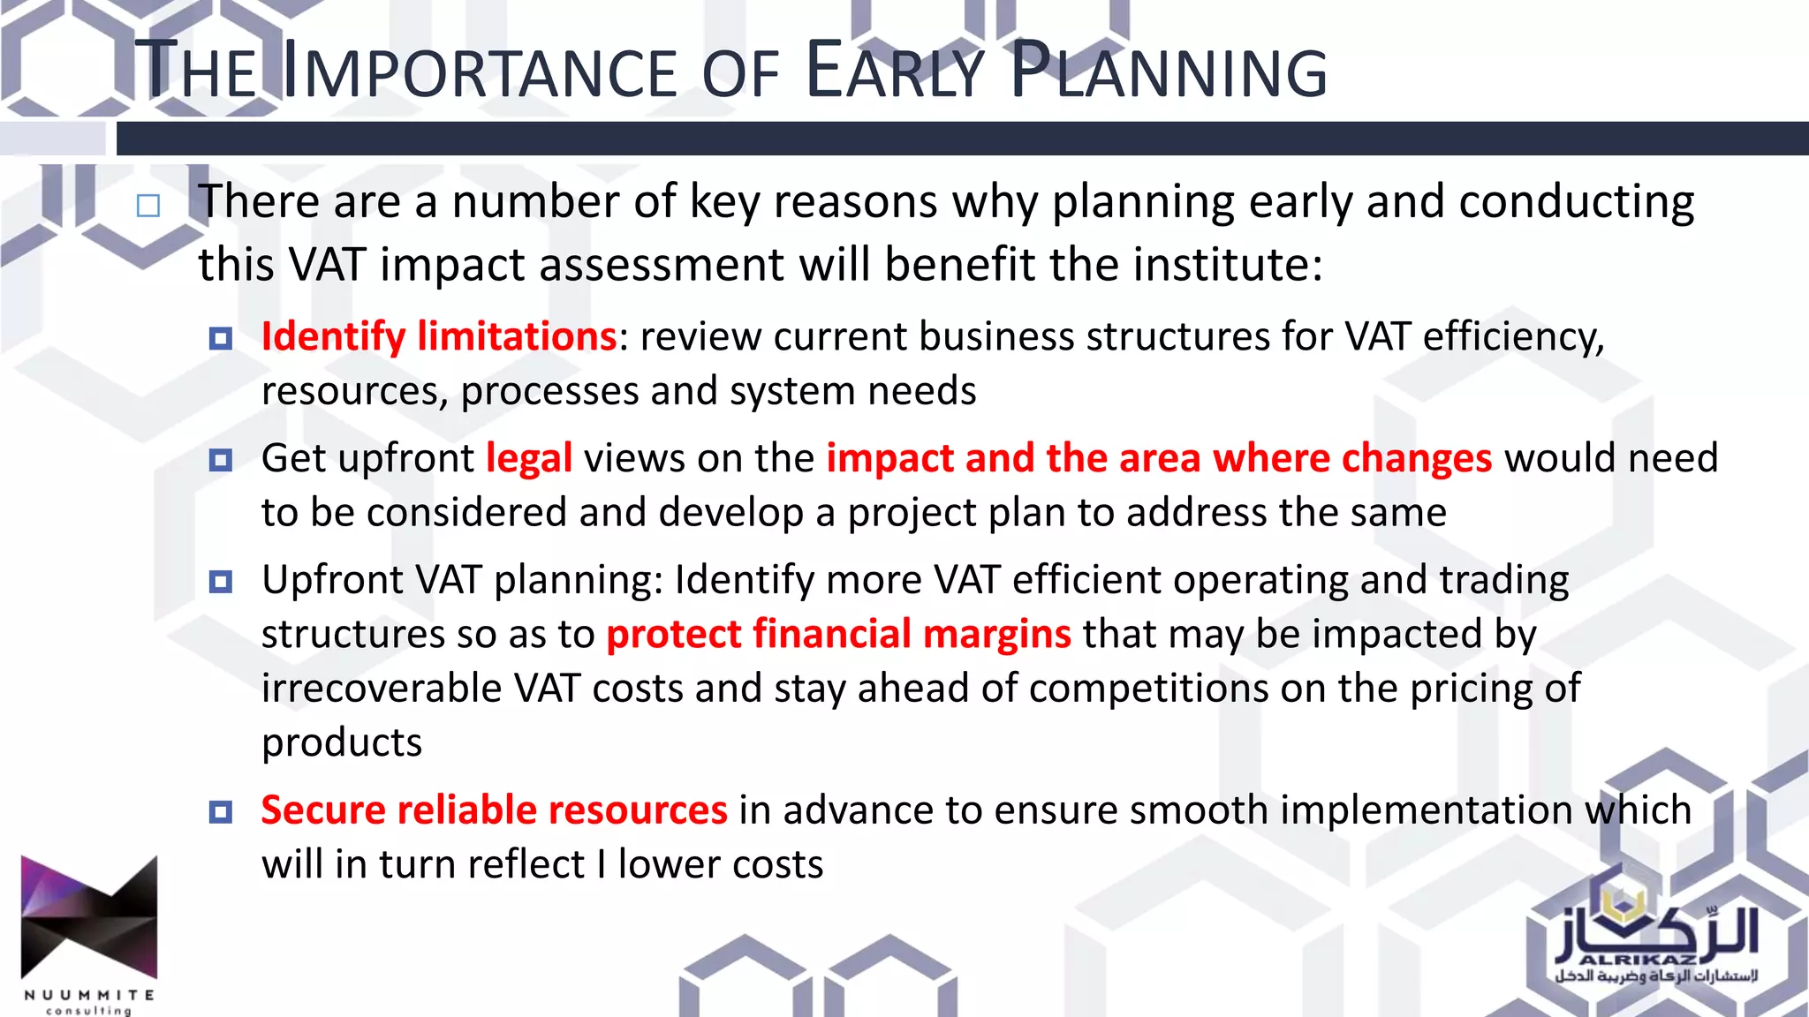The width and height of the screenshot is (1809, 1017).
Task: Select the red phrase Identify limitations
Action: point(438,336)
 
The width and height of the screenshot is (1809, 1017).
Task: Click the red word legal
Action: point(529,458)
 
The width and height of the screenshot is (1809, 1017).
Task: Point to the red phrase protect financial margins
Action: point(838,634)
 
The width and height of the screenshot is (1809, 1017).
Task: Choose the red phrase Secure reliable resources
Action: point(494,810)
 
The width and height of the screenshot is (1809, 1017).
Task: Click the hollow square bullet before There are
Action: point(148,207)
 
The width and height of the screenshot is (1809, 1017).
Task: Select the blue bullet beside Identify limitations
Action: point(220,338)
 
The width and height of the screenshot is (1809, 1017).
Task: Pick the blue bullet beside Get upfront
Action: point(220,460)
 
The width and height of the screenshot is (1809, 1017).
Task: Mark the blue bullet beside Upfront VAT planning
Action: point(220,582)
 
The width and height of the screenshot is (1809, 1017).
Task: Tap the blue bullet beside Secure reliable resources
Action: point(220,811)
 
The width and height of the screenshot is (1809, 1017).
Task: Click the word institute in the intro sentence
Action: point(1227,265)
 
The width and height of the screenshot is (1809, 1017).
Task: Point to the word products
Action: point(342,742)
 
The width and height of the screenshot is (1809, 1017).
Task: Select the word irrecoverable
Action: point(382,689)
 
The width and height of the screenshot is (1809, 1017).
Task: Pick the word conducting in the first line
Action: point(1576,202)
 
